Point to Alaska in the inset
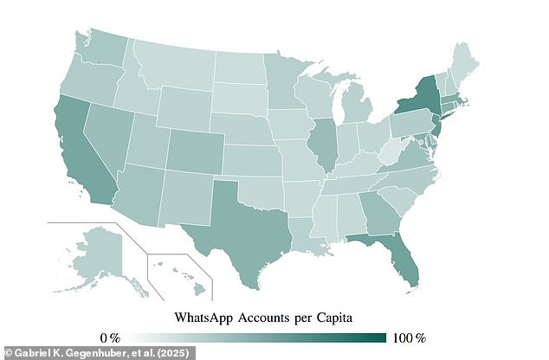[x=104, y=251]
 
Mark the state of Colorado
[x=196, y=148]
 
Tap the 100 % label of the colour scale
[x=409, y=336]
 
